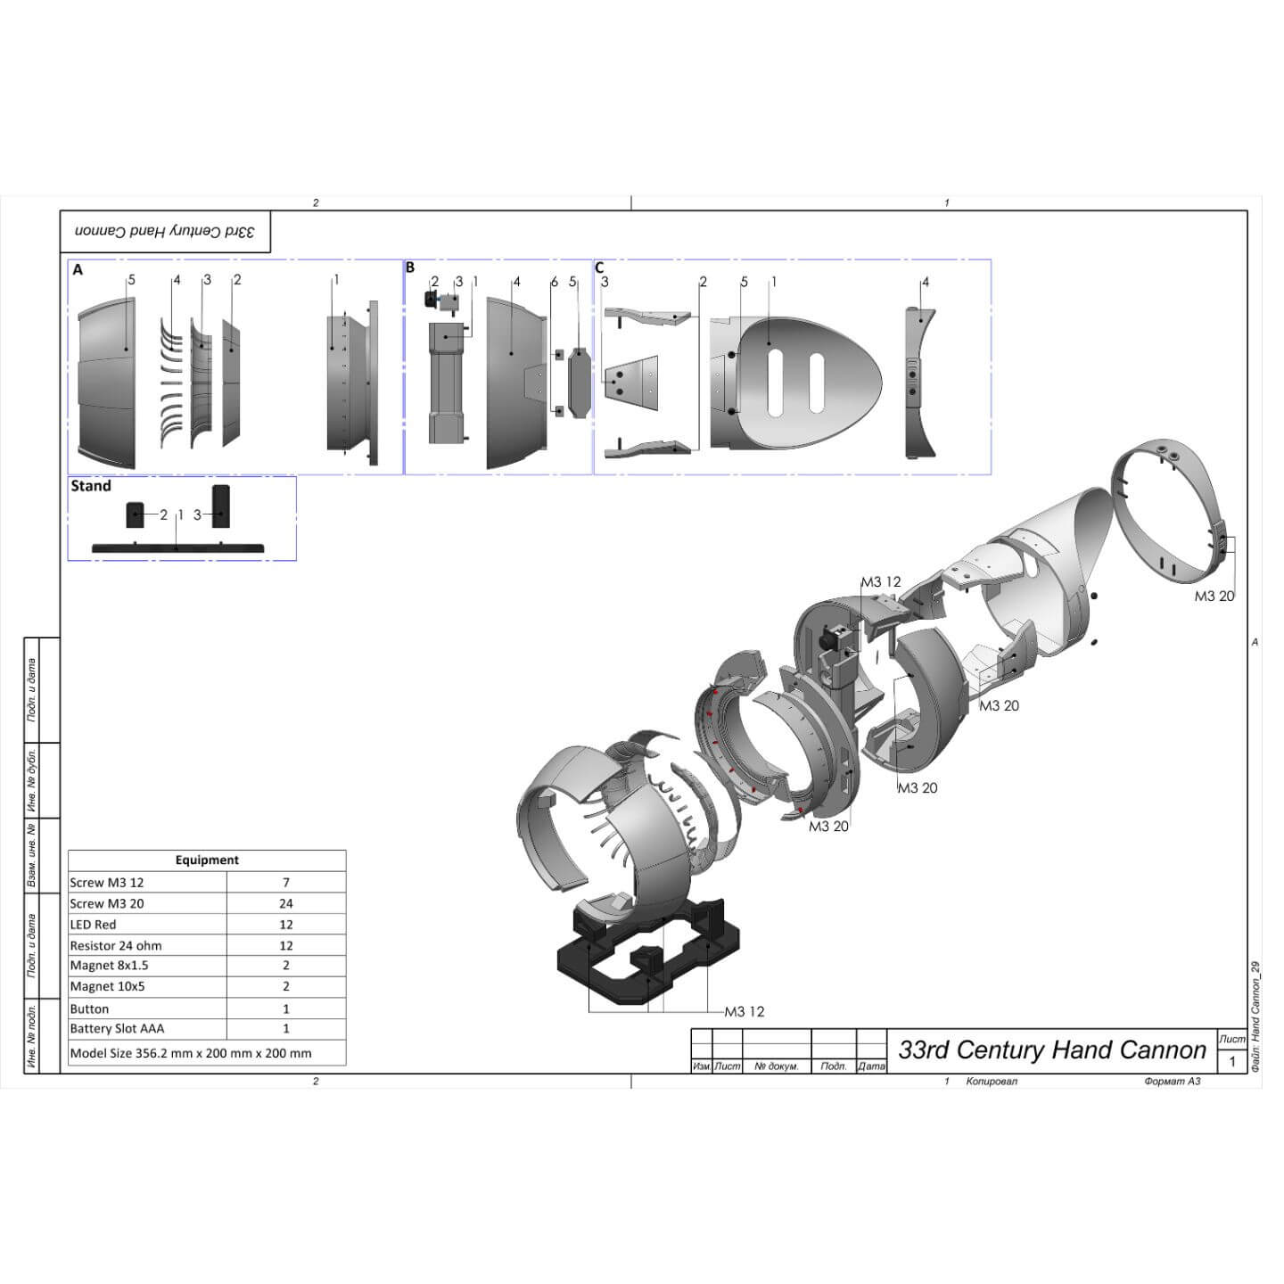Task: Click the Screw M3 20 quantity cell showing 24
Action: click(286, 903)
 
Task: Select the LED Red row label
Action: click(94, 925)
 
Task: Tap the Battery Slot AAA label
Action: click(118, 1029)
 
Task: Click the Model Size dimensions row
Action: click(191, 1053)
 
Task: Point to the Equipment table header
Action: click(207, 860)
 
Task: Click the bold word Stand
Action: click(91, 486)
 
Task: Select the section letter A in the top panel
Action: click(78, 270)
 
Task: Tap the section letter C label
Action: click(600, 267)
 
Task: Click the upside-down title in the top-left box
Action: click(165, 231)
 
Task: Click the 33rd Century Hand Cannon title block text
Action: click(1052, 1050)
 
